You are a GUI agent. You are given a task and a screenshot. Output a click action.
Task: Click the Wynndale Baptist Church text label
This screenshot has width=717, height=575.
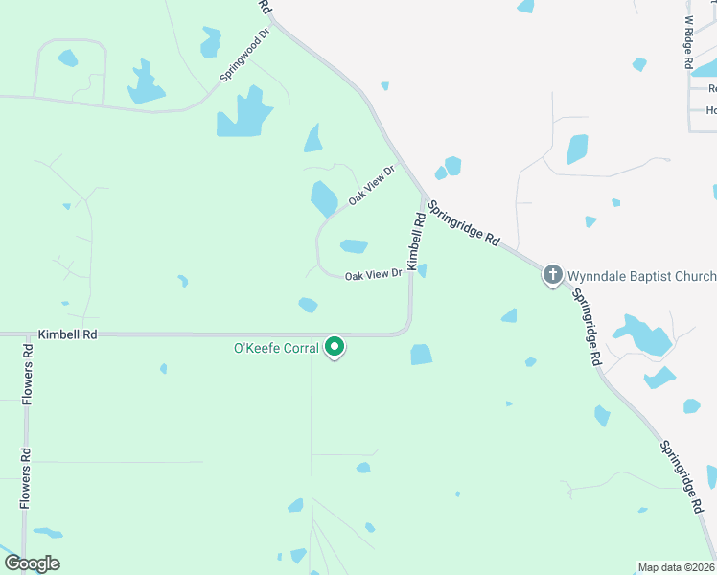(641, 276)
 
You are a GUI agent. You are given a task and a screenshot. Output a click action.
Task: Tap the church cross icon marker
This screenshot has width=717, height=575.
(553, 276)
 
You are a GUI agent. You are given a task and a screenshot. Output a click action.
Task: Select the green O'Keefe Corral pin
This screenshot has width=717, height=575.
(335, 346)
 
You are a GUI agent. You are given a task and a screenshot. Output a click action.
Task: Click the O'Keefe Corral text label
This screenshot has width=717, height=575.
(276, 348)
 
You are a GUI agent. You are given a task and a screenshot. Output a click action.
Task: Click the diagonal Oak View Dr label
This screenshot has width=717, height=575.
(371, 184)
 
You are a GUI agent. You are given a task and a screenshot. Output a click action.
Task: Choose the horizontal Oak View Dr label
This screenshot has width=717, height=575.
(372, 274)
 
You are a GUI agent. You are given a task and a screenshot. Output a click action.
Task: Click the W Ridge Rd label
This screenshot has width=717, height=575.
(688, 41)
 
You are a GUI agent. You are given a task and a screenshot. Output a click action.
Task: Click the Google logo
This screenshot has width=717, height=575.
(31, 563)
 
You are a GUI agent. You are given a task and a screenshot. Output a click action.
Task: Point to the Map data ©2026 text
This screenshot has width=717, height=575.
(676, 567)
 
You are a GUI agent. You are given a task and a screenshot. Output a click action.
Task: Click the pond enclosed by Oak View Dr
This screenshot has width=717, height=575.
(354, 246)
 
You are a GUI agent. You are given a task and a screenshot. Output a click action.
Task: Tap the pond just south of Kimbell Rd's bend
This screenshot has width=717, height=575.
(421, 355)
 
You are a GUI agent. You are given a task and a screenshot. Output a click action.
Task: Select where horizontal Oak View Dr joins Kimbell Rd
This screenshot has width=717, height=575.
(410, 277)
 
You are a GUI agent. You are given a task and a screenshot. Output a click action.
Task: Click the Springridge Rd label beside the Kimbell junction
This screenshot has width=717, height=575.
(464, 223)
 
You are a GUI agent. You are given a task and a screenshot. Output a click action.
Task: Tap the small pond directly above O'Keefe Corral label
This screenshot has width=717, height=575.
(308, 305)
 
